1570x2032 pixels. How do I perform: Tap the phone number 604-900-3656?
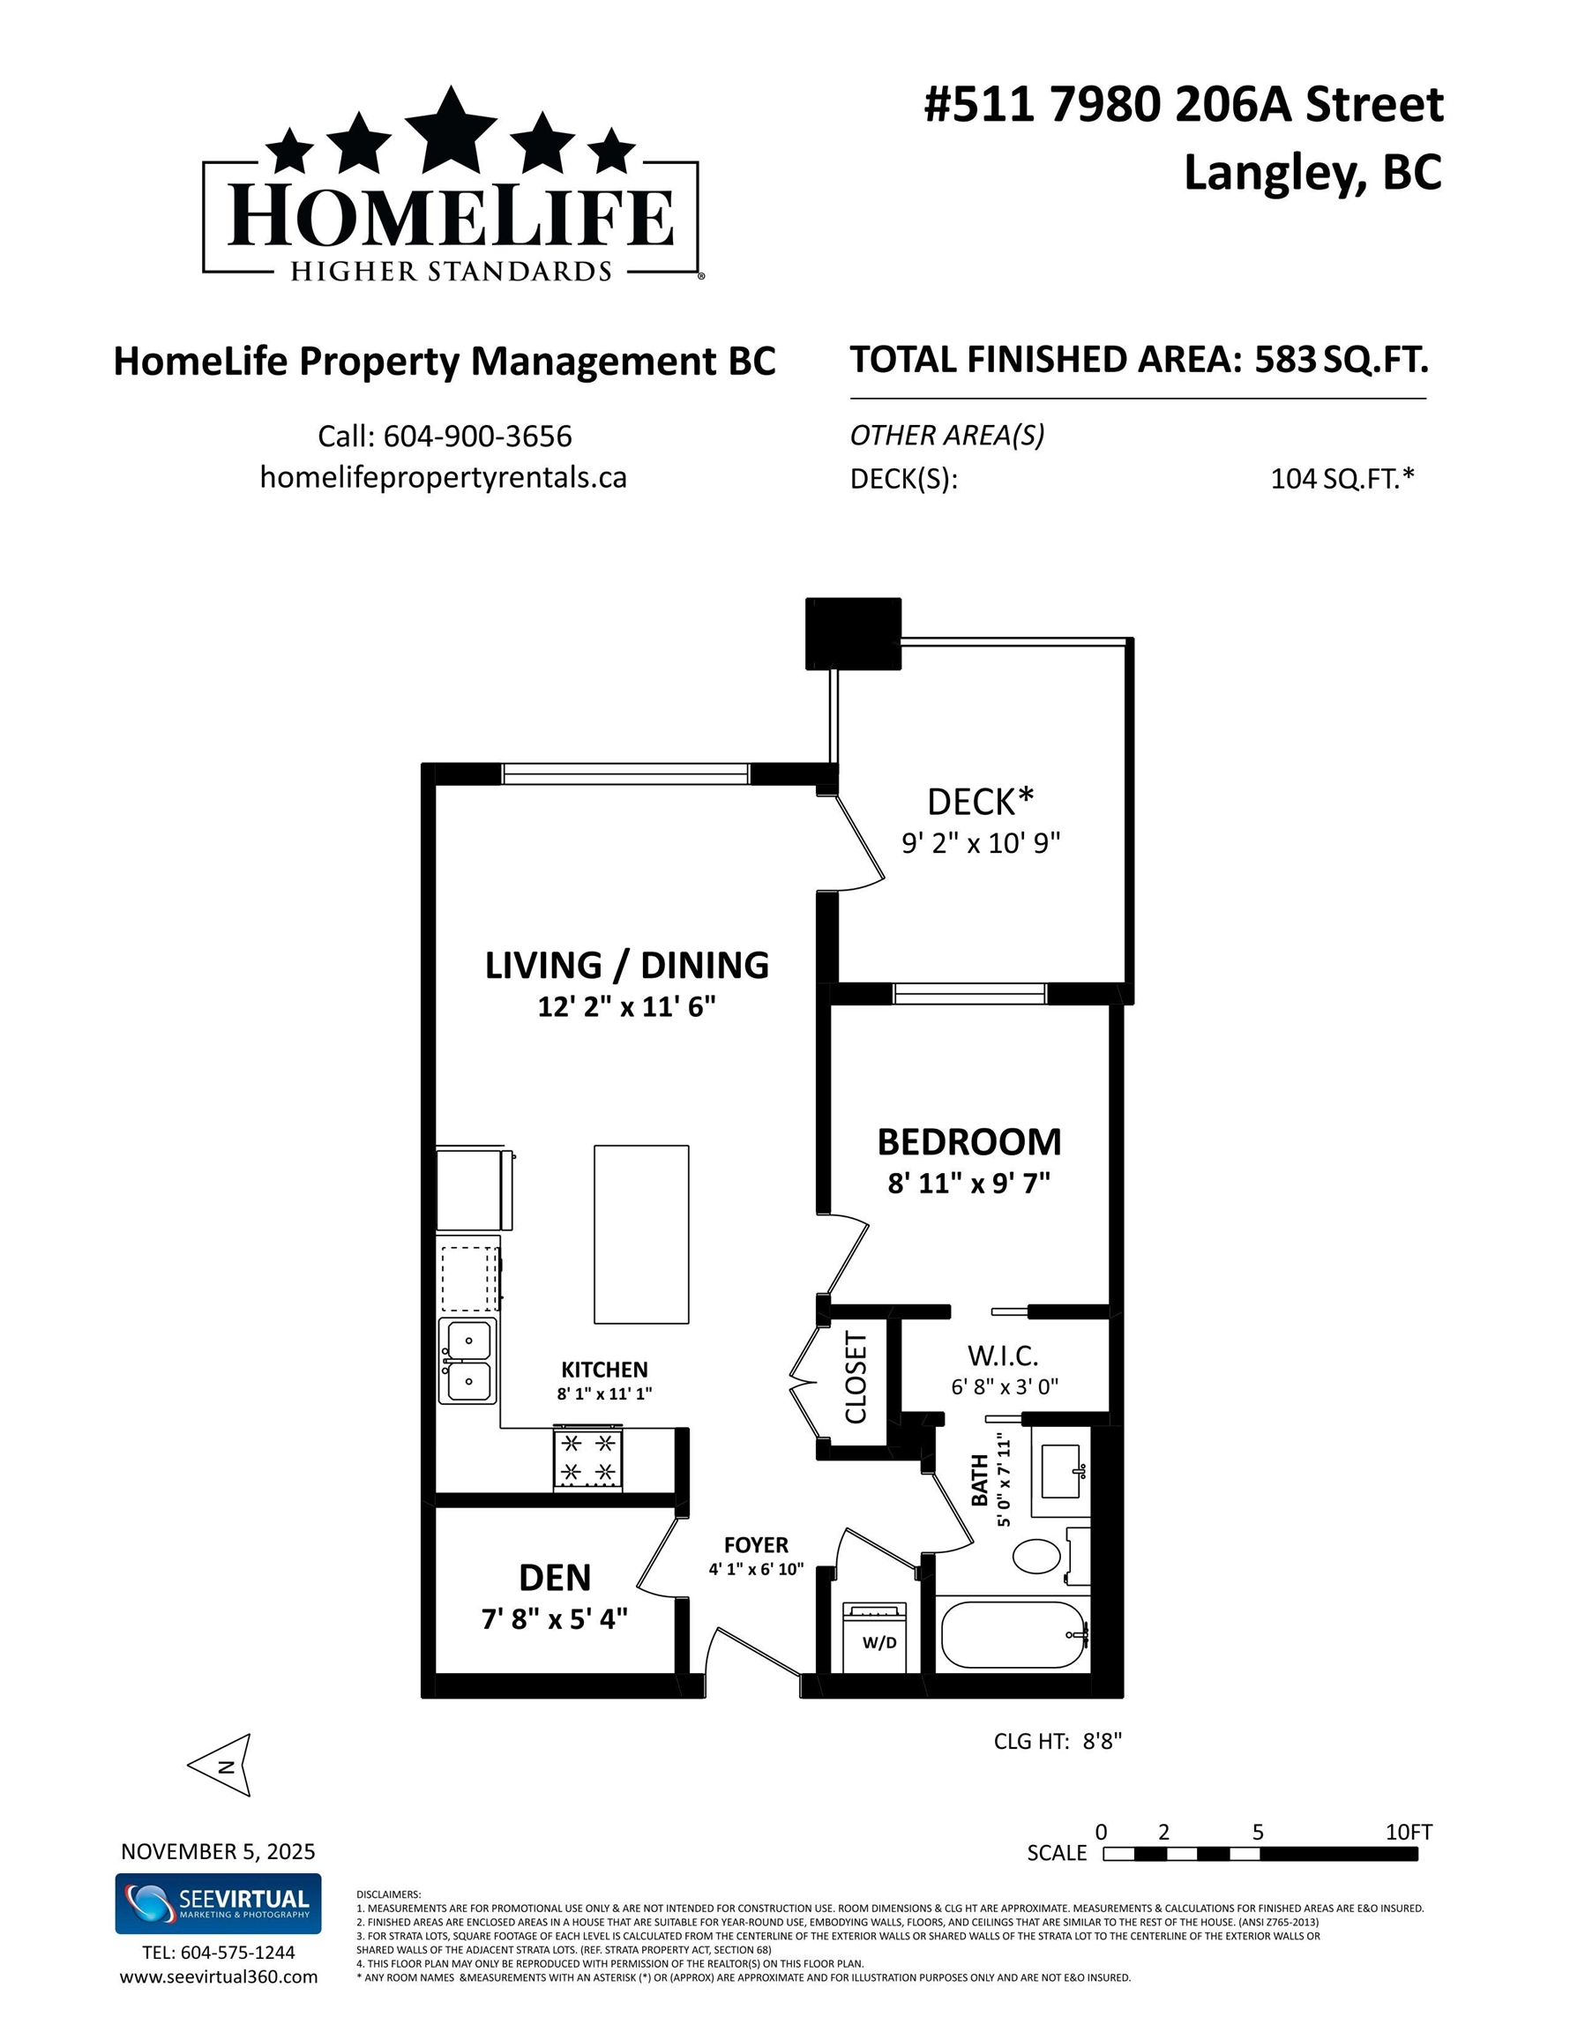[x=477, y=437]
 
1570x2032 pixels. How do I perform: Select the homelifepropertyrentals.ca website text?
[x=443, y=477]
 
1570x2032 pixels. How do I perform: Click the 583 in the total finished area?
[x=1285, y=359]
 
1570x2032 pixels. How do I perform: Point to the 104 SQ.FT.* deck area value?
[x=1342, y=478]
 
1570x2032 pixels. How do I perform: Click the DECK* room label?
[x=981, y=801]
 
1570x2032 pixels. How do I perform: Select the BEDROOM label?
[x=968, y=1141]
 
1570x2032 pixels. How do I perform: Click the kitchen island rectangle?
[x=641, y=1234]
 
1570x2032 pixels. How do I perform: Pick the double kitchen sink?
[x=468, y=1361]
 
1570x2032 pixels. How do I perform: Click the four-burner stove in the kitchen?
[x=588, y=1458]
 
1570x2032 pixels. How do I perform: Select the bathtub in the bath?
[x=1013, y=1635]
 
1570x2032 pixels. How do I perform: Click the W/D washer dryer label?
[x=879, y=1642]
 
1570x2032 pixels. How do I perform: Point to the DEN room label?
[x=555, y=1577]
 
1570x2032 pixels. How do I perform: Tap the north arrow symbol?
[x=220, y=1765]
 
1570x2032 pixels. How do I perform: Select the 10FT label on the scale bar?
[x=1408, y=1832]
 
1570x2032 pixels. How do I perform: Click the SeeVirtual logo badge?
[x=218, y=1904]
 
